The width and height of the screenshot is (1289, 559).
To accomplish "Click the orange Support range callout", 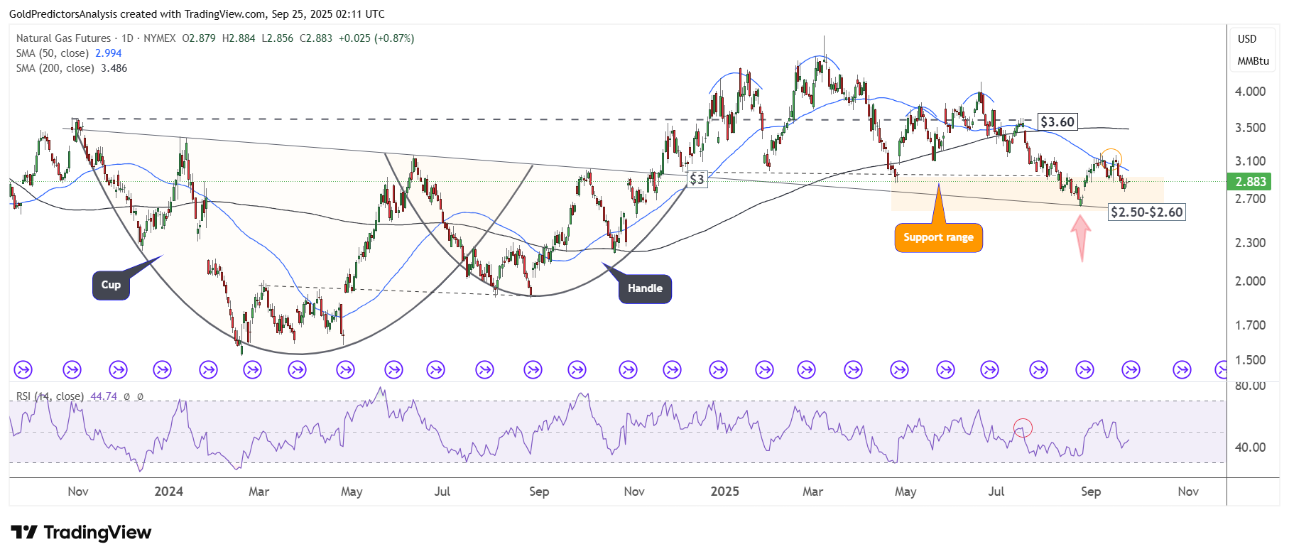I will [938, 238].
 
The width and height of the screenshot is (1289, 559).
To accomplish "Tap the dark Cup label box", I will [111, 285].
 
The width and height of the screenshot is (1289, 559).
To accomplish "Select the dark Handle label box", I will [645, 288].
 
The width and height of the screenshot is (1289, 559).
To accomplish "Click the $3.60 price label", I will [1057, 122].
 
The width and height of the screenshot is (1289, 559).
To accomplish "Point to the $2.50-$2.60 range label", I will [1146, 212].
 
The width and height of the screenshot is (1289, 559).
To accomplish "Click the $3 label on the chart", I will [697, 179].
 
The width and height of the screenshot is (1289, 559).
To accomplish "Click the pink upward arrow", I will [1081, 237].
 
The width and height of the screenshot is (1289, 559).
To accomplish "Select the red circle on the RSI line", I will [1023, 428].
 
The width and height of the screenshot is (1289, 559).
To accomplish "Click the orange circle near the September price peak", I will [1111, 157].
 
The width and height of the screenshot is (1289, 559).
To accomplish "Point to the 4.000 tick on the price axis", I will [1250, 92].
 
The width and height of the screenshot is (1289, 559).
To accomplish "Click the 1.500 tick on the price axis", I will [1250, 360].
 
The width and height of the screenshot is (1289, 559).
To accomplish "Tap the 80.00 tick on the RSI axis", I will [1250, 386].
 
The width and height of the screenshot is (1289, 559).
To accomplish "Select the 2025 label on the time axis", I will [724, 492].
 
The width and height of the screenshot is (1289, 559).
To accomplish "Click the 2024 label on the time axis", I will [169, 492].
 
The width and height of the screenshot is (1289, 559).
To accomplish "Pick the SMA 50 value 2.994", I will [108, 53].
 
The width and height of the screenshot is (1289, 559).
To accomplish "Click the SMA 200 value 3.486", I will [114, 68].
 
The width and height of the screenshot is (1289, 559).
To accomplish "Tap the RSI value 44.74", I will [104, 396].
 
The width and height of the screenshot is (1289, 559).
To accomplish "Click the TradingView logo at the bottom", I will [81, 533].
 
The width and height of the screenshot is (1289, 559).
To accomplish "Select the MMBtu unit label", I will [1253, 61].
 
